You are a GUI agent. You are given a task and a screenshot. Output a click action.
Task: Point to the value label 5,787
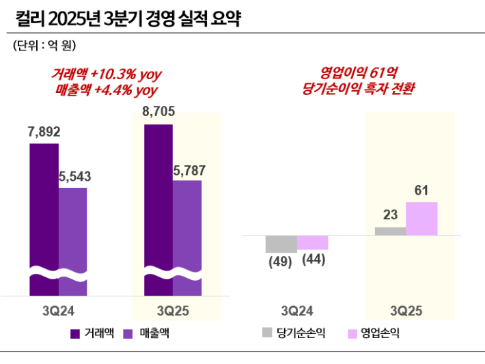(x=189, y=170)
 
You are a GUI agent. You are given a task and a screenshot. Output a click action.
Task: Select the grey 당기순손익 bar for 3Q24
(x=281, y=244)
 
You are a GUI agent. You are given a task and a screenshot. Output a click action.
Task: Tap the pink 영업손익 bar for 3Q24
(x=313, y=242)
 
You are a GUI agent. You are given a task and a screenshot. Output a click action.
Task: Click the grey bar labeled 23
(x=390, y=232)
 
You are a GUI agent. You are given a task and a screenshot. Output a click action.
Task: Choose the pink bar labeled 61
(x=421, y=219)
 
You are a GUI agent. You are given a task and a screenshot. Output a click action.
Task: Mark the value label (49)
(x=280, y=262)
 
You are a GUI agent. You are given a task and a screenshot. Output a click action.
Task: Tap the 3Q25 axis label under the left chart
(x=174, y=311)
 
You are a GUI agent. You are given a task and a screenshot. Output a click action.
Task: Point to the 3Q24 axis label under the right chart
(x=297, y=311)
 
